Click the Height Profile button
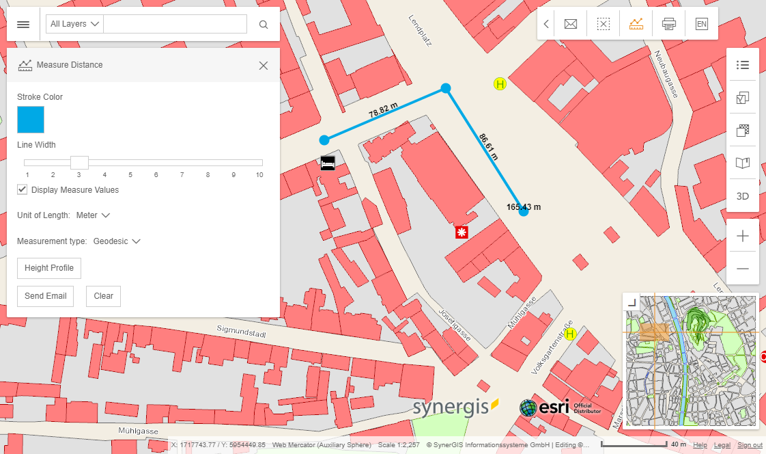coord(49,268)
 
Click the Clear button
coord(103,296)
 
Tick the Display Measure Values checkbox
coord(23,189)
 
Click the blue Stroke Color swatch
coord(31,120)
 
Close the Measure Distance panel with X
coord(264,66)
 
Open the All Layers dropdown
coord(74,24)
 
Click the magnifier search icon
coord(264,25)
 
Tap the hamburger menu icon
coord(23,25)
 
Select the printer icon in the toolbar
coord(668,24)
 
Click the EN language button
coord(701,24)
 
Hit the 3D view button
coord(743,196)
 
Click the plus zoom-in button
coord(743,237)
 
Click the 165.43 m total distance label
coord(524,206)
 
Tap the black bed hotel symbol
coord(328,163)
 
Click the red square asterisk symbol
coord(462,232)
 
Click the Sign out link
coord(750,445)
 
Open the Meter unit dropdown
coord(93,215)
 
